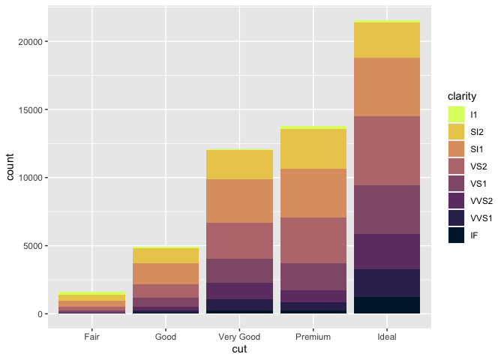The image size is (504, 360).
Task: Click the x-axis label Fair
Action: [92, 337]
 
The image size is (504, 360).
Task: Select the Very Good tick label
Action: [239, 337]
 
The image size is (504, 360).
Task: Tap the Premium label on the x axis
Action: [313, 337]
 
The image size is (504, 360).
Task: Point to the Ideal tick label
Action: [386, 337]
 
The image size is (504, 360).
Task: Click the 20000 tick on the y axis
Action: [32, 42]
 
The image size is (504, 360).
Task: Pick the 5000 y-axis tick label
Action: [34, 246]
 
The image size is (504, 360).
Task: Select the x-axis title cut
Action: [239, 349]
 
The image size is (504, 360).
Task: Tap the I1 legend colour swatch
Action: [456, 115]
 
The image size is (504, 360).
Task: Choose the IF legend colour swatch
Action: [456, 235]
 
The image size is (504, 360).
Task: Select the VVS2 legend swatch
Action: [456, 201]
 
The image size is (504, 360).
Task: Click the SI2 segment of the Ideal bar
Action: [386, 40]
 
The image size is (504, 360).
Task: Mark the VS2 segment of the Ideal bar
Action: [386, 151]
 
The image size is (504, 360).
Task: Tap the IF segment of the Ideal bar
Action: [386, 305]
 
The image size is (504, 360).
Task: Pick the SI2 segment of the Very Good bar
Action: [239, 164]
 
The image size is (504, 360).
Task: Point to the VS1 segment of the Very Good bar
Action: [239, 271]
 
